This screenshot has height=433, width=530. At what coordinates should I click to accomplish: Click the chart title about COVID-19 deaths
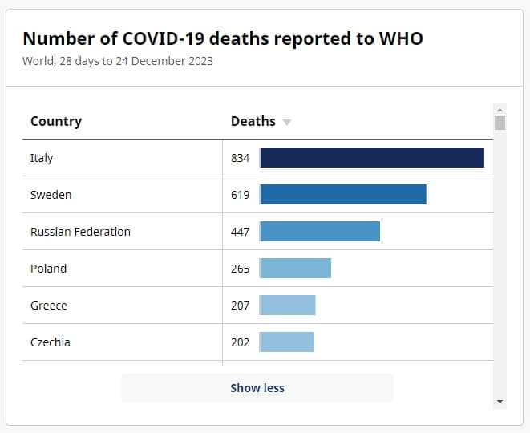[x=222, y=38]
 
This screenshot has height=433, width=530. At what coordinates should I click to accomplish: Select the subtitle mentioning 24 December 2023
[x=118, y=61]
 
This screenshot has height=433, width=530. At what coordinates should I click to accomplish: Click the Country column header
[x=56, y=121]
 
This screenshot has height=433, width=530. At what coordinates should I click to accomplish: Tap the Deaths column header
[x=253, y=121]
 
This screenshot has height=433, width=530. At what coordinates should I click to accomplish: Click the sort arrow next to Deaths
[x=287, y=123]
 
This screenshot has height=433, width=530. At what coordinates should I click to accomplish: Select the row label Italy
[x=42, y=158]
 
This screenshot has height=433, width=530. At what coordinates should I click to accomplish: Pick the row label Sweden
[x=51, y=195]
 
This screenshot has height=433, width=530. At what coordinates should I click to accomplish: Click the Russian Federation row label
[x=80, y=232]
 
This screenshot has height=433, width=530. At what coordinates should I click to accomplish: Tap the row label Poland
[x=48, y=269]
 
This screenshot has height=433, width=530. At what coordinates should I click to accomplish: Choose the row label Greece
[x=49, y=306]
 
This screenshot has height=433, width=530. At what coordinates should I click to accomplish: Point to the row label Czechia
[x=51, y=342]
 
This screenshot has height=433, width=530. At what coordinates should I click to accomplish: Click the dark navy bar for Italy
[x=372, y=158]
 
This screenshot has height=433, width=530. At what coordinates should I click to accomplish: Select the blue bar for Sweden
[x=343, y=195]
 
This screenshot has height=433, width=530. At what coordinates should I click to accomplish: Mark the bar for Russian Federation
[x=320, y=232]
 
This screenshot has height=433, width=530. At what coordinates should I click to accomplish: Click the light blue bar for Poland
[x=295, y=269]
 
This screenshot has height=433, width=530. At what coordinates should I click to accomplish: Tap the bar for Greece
[x=288, y=306]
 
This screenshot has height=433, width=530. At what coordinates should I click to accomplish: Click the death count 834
[x=241, y=158]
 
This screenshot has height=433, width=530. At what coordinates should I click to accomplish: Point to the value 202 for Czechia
[x=241, y=342]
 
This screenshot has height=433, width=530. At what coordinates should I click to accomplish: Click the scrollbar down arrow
[x=500, y=402]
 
